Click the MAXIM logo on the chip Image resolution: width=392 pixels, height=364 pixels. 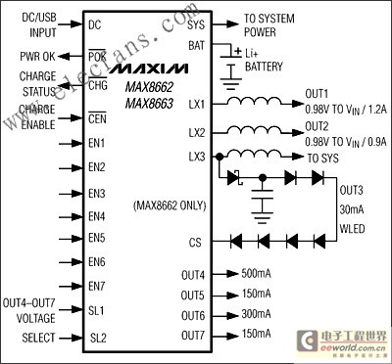pos(147,72)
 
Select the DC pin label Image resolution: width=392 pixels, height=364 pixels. pos(94,24)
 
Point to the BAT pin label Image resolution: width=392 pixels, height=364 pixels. pos(197,45)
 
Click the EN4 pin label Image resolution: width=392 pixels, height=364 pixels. pos(96,215)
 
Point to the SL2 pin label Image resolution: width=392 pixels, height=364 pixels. pos(97,338)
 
